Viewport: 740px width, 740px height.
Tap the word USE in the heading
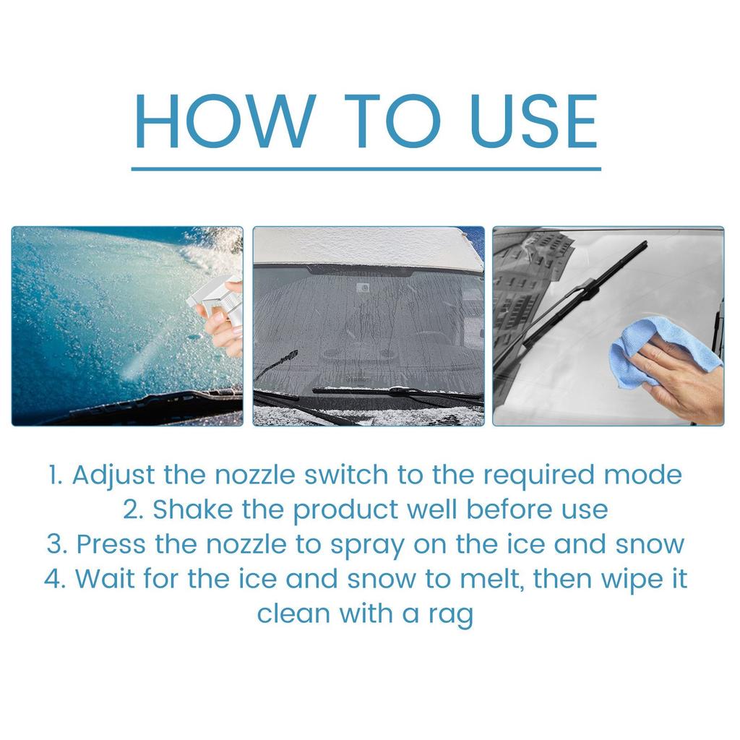533,121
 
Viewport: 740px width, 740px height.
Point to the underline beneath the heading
366,169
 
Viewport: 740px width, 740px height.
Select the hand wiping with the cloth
679,379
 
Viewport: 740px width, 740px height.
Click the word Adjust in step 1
113,476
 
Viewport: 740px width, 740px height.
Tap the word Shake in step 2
184,509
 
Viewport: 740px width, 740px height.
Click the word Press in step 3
111,544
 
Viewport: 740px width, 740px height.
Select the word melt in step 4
478,579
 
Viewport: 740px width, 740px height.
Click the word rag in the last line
452,615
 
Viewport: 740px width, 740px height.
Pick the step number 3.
56,544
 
